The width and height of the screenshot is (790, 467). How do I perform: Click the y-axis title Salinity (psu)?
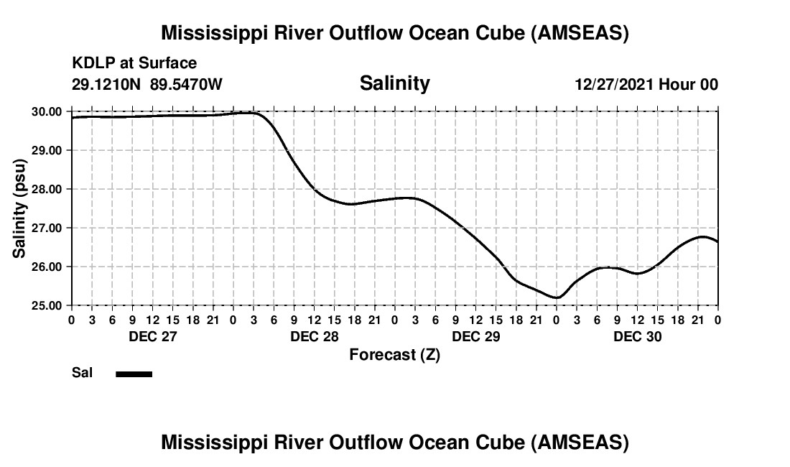tap(19, 208)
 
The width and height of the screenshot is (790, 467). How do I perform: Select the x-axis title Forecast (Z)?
tap(394, 354)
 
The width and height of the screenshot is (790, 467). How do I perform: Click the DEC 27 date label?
tap(152, 336)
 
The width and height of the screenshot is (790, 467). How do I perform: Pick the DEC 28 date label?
tap(314, 336)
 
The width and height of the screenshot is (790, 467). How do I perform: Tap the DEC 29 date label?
tap(475, 336)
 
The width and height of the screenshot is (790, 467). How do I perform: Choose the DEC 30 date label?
tap(637, 336)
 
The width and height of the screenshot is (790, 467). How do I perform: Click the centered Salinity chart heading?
tap(394, 83)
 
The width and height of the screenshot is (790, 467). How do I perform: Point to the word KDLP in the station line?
tap(89, 64)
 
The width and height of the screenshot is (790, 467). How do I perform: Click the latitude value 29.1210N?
tap(108, 84)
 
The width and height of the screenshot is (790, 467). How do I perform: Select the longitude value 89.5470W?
tap(186, 84)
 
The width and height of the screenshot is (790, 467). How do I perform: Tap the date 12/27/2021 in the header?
tap(614, 84)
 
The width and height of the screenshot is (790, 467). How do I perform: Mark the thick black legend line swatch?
tap(134, 374)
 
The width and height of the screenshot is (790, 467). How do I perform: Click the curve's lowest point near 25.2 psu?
tap(556, 297)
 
